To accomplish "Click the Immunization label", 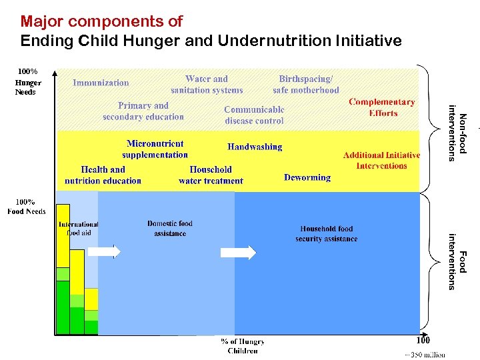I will (x=101, y=83).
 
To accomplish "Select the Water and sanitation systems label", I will (x=207, y=85).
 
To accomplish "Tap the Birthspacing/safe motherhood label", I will (x=305, y=85).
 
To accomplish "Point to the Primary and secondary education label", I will (x=143, y=111).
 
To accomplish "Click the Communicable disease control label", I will (x=254, y=115).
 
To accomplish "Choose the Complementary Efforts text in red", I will (x=382, y=107).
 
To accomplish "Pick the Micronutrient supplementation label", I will (x=155, y=149).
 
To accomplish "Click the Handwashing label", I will (x=255, y=147).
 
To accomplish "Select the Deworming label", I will (x=307, y=177).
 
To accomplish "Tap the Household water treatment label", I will (x=211, y=175).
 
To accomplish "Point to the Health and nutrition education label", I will (x=103, y=175).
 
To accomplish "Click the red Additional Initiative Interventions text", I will (x=381, y=161).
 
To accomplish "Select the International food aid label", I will (x=79, y=229).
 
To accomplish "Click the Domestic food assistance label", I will (x=170, y=229).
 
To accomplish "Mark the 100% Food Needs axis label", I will (x=26, y=207).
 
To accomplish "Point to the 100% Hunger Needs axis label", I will (x=28, y=81).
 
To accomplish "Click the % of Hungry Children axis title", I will (x=243, y=346).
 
